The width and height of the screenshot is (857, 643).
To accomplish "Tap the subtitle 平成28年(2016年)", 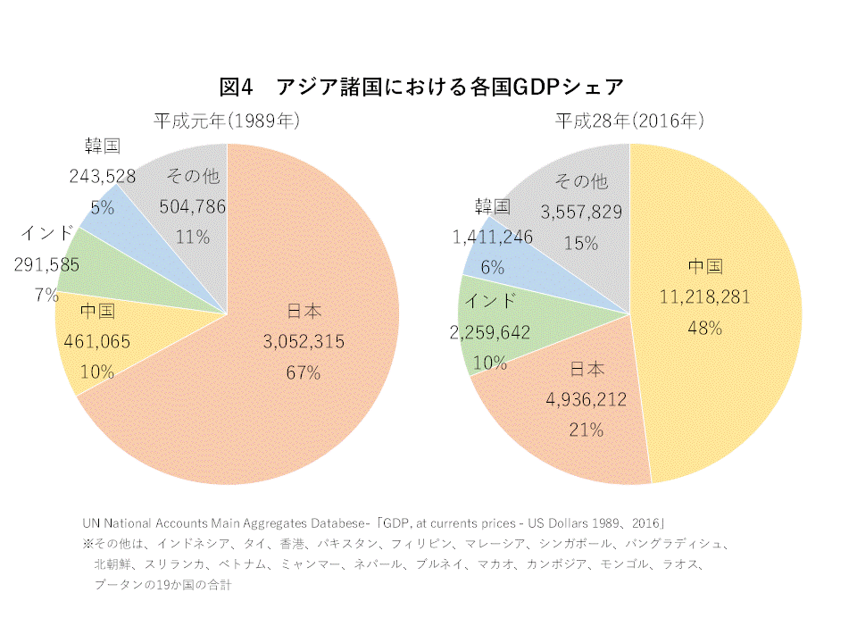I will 629,121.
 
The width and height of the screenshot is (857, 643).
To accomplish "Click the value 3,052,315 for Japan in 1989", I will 304,342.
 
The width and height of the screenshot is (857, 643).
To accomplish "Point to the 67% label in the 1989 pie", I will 304,372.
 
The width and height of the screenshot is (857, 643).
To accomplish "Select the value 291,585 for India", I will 46,264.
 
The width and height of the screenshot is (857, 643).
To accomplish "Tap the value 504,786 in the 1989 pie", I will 192,207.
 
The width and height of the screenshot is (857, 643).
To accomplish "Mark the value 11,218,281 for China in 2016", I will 704,296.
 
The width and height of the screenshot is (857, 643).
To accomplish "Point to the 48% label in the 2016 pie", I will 704,327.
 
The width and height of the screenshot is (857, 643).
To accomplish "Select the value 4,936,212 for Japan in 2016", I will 586,399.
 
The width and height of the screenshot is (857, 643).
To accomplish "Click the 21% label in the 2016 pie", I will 586,430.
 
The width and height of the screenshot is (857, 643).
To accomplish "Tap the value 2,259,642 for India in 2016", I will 491,332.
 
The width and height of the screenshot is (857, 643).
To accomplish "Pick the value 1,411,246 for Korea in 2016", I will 493,237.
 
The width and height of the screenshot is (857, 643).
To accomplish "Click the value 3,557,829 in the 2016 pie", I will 581,212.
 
